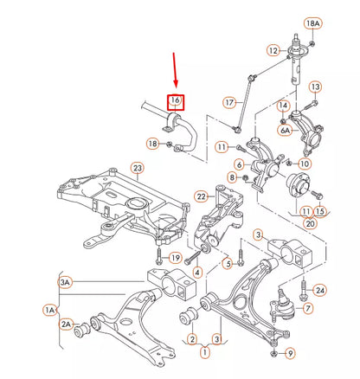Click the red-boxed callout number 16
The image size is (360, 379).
pyautogui.click(x=175, y=101)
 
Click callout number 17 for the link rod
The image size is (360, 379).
pyautogui.click(x=229, y=102)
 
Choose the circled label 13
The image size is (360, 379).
pyautogui.click(x=315, y=87)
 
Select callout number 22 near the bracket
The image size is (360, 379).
pyautogui.click(x=200, y=197)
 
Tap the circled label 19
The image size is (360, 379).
pyautogui.click(x=175, y=258)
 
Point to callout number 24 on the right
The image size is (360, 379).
pyautogui.click(x=320, y=289)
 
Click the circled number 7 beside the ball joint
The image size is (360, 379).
pyautogui.click(x=309, y=308)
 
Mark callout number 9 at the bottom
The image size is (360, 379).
pyautogui.click(x=291, y=352)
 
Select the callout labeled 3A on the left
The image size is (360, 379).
pyautogui.click(x=65, y=282)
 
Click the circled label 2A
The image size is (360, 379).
pyautogui.click(x=66, y=324)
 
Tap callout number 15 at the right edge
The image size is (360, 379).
pyautogui.click(x=320, y=211)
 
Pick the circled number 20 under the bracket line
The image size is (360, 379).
pyautogui.click(x=308, y=222)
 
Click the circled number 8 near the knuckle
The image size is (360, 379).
pyautogui.click(x=233, y=177)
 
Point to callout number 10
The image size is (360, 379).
pyautogui.click(x=304, y=163)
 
